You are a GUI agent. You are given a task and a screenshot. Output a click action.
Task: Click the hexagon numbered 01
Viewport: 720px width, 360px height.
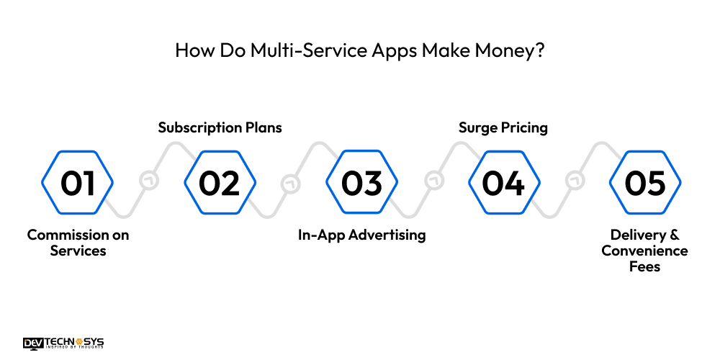pos(78,183)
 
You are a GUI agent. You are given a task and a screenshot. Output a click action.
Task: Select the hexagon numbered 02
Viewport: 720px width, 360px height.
pos(220,183)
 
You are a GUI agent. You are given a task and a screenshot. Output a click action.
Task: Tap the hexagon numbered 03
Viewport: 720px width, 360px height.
pos(361,183)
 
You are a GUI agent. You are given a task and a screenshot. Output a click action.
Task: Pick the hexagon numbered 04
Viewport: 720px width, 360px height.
pos(503,183)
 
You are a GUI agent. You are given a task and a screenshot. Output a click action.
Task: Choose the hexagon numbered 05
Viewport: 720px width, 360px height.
pos(645,183)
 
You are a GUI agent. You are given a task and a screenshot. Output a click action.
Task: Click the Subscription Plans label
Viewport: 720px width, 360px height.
pos(220,127)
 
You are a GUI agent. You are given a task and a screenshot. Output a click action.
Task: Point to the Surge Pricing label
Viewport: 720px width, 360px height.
pos(503,127)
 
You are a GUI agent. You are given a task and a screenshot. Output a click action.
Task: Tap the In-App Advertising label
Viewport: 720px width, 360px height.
pos(361,235)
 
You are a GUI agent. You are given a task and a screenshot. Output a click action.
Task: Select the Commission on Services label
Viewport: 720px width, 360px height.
pos(78,243)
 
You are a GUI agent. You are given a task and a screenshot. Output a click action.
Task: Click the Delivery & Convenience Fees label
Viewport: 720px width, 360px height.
pos(645,251)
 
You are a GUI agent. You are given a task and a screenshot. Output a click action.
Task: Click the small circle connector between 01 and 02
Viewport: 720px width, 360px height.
pos(149,181)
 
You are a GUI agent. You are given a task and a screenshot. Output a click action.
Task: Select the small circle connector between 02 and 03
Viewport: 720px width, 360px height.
pos(291,181)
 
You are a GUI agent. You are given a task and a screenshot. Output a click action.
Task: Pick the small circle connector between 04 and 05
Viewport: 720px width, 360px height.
pos(575,181)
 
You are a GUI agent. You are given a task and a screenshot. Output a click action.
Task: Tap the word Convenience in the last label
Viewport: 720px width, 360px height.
pos(645,251)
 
